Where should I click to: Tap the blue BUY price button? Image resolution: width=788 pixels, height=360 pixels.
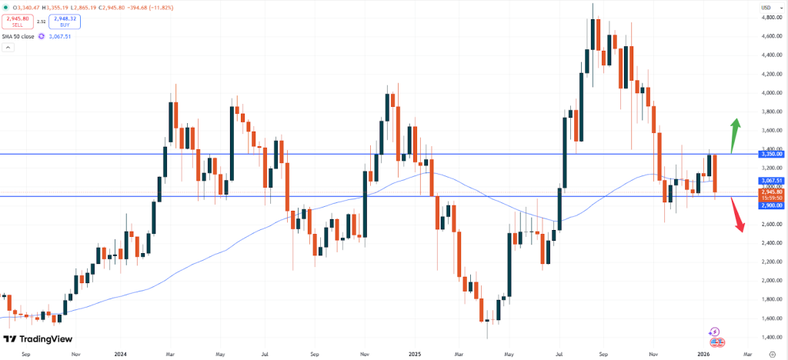64,22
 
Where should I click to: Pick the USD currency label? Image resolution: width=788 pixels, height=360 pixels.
766,8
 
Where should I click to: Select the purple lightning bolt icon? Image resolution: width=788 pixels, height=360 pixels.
716,331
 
